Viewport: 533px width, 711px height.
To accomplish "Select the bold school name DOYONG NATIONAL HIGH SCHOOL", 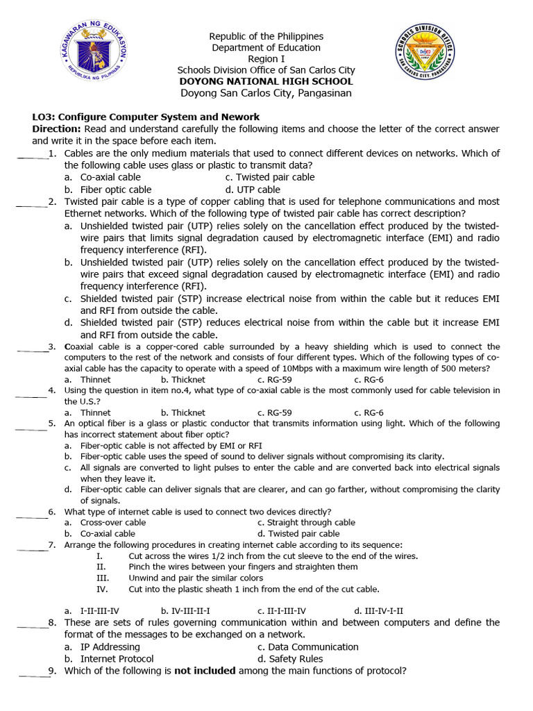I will click(x=266, y=81).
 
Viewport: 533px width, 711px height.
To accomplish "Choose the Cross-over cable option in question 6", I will click(x=113, y=522).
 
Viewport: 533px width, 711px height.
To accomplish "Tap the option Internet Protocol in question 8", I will click(x=117, y=658).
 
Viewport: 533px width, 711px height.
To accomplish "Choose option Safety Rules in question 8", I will click(x=296, y=658).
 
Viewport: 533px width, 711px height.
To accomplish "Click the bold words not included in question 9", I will click(x=205, y=671).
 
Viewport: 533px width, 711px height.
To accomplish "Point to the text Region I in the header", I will click(x=266, y=59).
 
